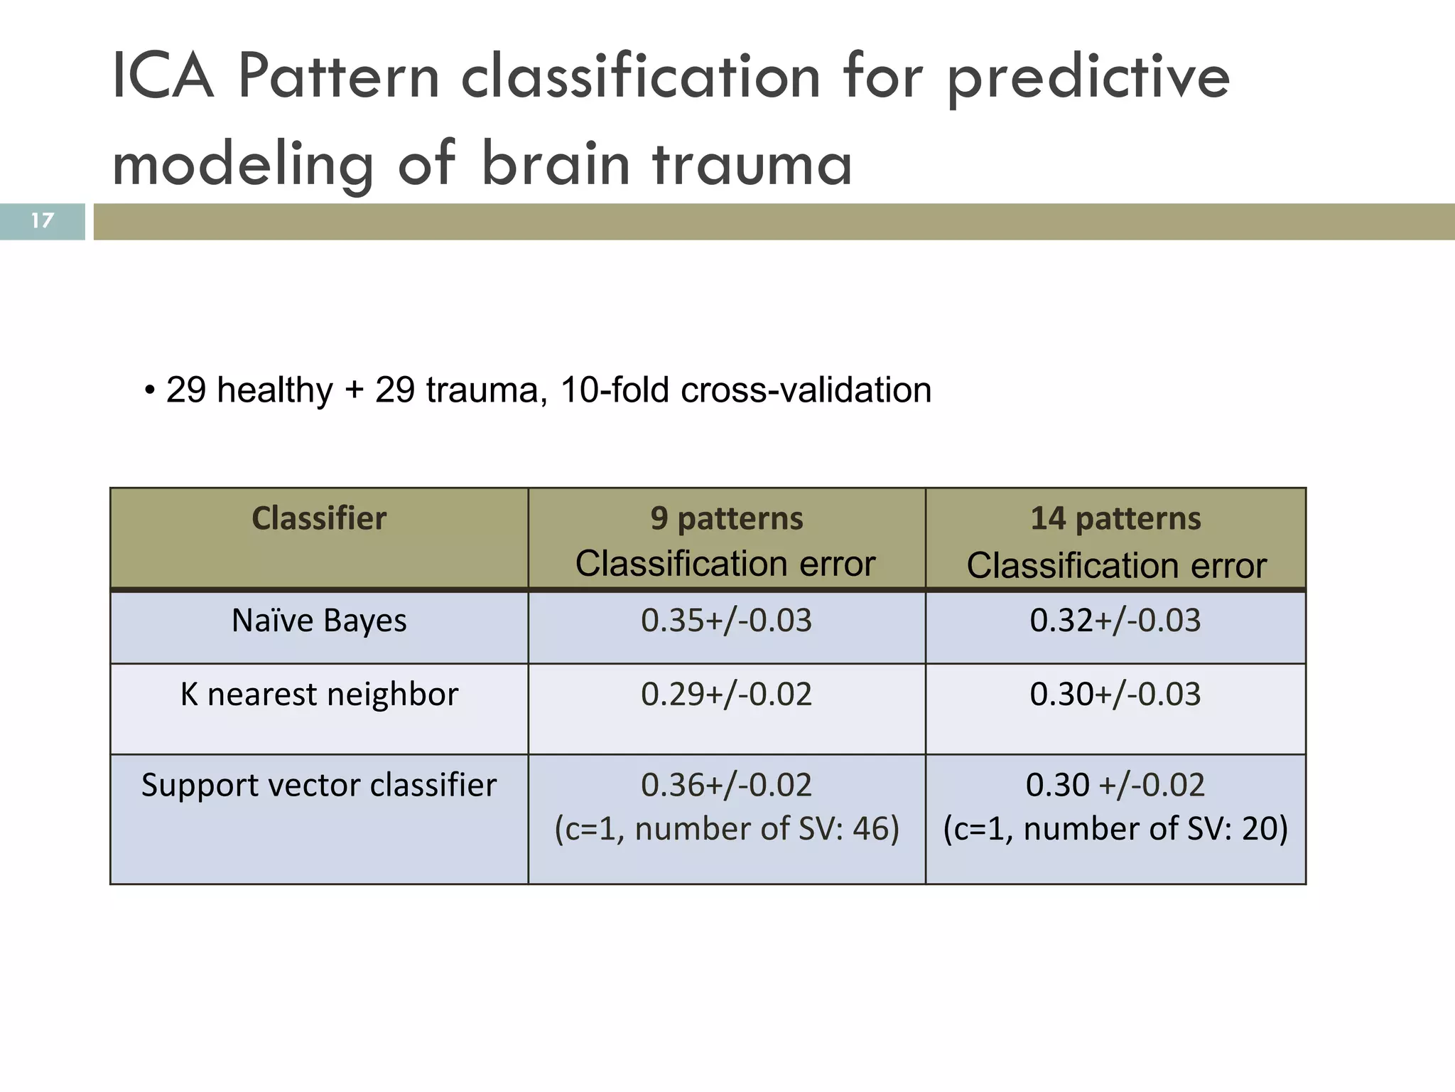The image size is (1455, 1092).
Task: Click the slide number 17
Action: pyautogui.click(x=42, y=220)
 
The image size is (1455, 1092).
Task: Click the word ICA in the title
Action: pyautogui.click(x=163, y=77)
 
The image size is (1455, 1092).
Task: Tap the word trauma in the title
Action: pyautogui.click(x=752, y=164)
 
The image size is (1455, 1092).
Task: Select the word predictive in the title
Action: pyautogui.click(x=1088, y=78)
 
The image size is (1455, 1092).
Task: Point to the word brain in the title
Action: pyautogui.click(x=556, y=163)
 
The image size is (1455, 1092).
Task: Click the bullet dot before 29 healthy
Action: pyautogui.click(x=149, y=391)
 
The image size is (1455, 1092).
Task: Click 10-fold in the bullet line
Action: pyautogui.click(x=615, y=390)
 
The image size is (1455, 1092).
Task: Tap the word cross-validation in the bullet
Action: pyautogui.click(x=806, y=390)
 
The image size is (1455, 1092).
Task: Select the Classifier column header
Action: pyautogui.click(x=319, y=518)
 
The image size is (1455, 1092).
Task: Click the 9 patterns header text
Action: pyautogui.click(x=727, y=518)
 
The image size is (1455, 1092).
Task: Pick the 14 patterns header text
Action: pyautogui.click(x=1115, y=518)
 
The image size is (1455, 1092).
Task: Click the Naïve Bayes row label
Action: pyautogui.click(x=319, y=621)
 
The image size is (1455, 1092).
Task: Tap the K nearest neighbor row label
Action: pyautogui.click(x=319, y=695)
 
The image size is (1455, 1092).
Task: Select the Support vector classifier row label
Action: pyautogui.click(x=319, y=786)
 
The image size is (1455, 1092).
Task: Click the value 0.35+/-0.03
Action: pyautogui.click(x=726, y=621)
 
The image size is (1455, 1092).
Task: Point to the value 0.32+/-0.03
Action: pyautogui.click(x=1115, y=621)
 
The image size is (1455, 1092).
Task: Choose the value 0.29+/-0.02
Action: pyautogui.click(x=726, y=695)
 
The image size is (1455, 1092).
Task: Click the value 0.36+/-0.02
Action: pyautogui.click(x=726, y=786)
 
